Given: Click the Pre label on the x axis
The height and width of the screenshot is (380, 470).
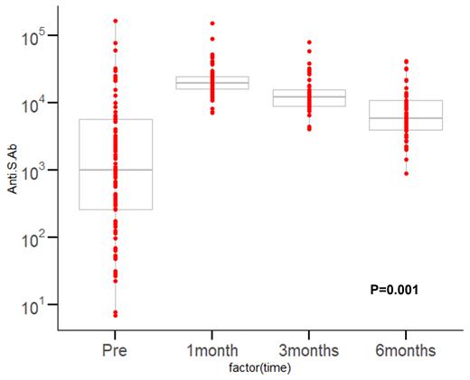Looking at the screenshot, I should coord(115,348).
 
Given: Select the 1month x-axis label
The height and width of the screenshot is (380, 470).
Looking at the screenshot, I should coord(212,348).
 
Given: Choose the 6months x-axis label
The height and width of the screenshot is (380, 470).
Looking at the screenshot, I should coord(406,348).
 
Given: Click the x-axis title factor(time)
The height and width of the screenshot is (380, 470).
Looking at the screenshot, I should coord(260,367).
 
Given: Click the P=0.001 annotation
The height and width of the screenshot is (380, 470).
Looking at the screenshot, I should coord(394,290).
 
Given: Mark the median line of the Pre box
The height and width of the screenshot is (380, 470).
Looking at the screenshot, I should coord(115,170).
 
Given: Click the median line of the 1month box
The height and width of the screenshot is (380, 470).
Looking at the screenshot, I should coord(212,83).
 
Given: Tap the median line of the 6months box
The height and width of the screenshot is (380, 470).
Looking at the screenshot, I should coord(406,118).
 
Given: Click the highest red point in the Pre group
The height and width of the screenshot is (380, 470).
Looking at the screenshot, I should coord(115,21).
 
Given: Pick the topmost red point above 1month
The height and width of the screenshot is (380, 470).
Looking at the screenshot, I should coord(212,23).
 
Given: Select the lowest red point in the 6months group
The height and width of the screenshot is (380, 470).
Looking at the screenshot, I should coord(406,173).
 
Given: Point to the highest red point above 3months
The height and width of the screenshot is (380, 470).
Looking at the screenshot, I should coord(309,42).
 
